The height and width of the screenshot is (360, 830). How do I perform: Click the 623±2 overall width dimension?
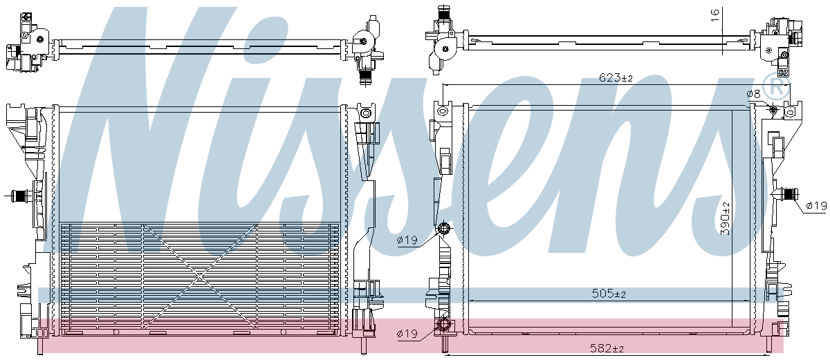[x=616, y=78]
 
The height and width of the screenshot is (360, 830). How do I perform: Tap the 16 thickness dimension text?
[x=715, y=12]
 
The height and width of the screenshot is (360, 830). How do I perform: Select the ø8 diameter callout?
[x=753, y=94]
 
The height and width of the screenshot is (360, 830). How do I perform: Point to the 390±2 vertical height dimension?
[x=725, y=219]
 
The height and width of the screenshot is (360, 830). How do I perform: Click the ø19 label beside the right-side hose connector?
[x=816, y=205]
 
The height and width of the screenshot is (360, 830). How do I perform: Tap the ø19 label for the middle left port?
[x=408, y=240]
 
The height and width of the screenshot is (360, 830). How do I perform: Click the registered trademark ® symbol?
[x=779, y=87]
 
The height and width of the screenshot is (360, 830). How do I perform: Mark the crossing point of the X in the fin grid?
[x=199, y=279]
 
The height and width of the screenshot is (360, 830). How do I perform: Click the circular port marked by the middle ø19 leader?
[x=444, y=230]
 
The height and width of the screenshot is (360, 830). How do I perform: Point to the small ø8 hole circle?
[x=773, y=111]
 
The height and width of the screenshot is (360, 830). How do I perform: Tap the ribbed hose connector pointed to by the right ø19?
[x=786, y=196]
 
